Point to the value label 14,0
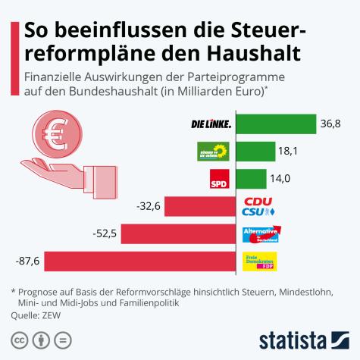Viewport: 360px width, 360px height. tap(280, 178)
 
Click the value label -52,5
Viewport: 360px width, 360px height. tap(105, 233)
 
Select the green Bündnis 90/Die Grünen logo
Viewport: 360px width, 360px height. tap(213, 151)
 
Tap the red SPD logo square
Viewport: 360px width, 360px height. tap(219, 179)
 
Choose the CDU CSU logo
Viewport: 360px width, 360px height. tap(258, 206)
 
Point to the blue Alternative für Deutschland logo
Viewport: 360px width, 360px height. tap(261, 233)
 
